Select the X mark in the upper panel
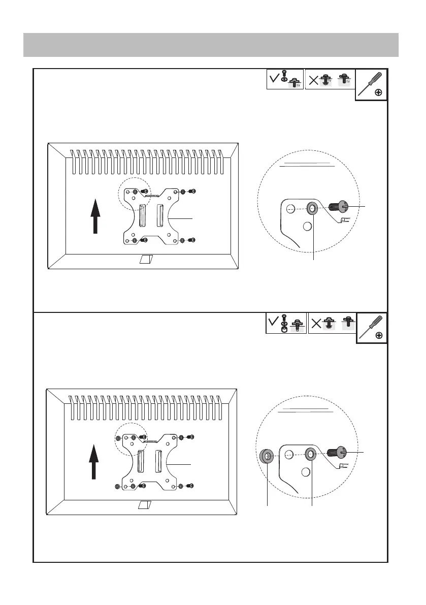click(314, 80)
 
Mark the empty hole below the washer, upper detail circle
click(307, 227)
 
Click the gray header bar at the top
click(211, 45)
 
